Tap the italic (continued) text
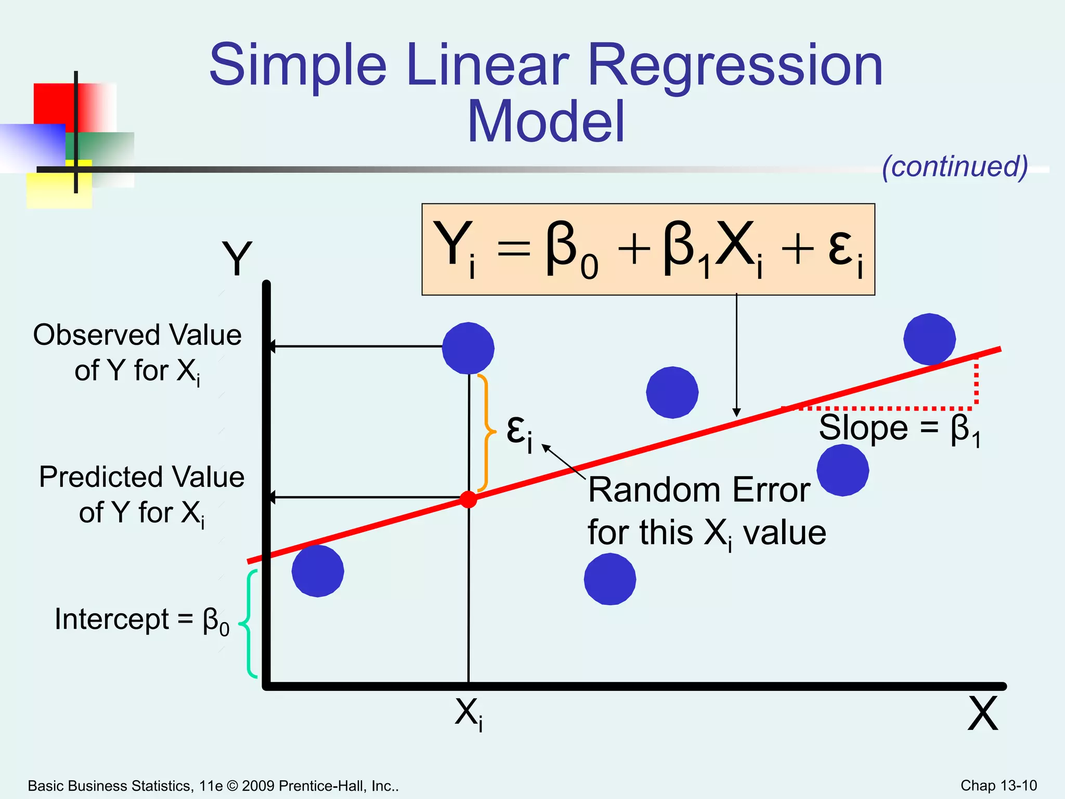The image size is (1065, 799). [955, 166]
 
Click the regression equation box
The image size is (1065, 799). [648, 250]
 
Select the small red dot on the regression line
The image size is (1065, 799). [469, 499]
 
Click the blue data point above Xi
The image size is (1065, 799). [468, 348]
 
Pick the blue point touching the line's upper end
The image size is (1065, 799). [929, 339]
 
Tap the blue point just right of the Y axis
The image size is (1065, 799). [318, 571]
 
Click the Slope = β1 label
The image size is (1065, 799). [899, 430]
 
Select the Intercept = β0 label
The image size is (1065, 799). [141, 620]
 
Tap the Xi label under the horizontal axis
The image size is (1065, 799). [469, 713]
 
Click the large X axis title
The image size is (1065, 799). [982, 714]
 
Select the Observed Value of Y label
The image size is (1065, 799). [137, 353]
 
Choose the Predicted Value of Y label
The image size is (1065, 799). [141, 495]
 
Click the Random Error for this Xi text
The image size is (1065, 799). [706, 511]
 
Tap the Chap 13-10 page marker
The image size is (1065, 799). [998, 785]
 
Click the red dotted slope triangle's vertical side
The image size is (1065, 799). [976, 383]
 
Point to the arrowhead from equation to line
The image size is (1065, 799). [736, 413]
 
